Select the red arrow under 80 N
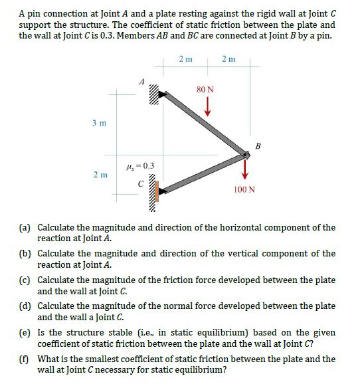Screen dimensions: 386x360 click(207, 106)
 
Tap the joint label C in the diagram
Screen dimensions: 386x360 click(139, 185)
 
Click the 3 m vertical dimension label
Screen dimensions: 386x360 click(100, 124)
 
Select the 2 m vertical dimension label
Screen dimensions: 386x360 click(100, 175)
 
